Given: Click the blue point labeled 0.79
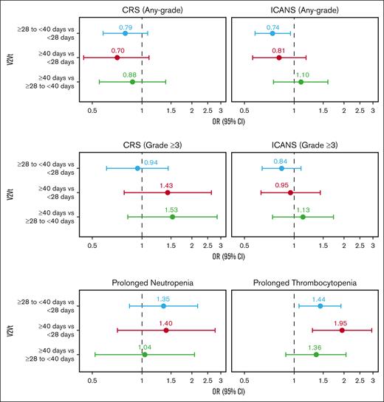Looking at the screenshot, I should [x=126, y=33].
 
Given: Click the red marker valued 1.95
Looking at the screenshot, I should [x=342, y=330].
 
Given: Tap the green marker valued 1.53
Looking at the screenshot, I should [x=172, y=217].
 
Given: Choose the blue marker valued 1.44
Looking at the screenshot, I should [x=320, y=305].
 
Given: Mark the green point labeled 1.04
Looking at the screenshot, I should [x=145, y=354].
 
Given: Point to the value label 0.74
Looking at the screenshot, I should [x=272, y=26].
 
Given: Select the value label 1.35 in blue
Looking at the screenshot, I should [x=164, y=299].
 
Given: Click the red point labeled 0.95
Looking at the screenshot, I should [x=290, y=193].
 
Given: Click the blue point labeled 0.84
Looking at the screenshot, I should [x=281, y=168].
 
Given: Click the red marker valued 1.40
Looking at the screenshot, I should [x=166, y=330].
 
